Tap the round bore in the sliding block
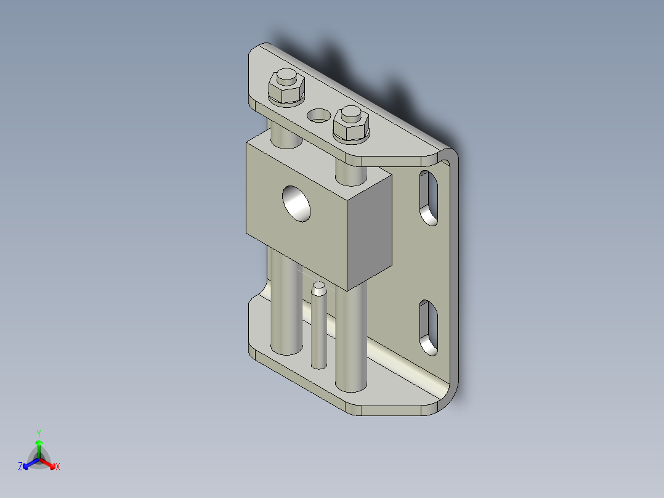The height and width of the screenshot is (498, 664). click(297, 203)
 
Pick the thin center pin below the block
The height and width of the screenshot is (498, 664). click(319, 333)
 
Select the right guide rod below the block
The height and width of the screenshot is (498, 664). click(351, 339)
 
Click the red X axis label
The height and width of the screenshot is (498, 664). click(58, 467)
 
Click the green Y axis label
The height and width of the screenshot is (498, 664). click(39, 433)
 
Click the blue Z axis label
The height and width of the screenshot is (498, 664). click(20, 467)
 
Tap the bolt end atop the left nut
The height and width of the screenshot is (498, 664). click(285, 78)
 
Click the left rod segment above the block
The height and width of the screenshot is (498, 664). click(285, 134)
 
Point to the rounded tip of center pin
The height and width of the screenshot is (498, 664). click(318, 286)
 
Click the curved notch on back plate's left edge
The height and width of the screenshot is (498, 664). click(263, 290)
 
